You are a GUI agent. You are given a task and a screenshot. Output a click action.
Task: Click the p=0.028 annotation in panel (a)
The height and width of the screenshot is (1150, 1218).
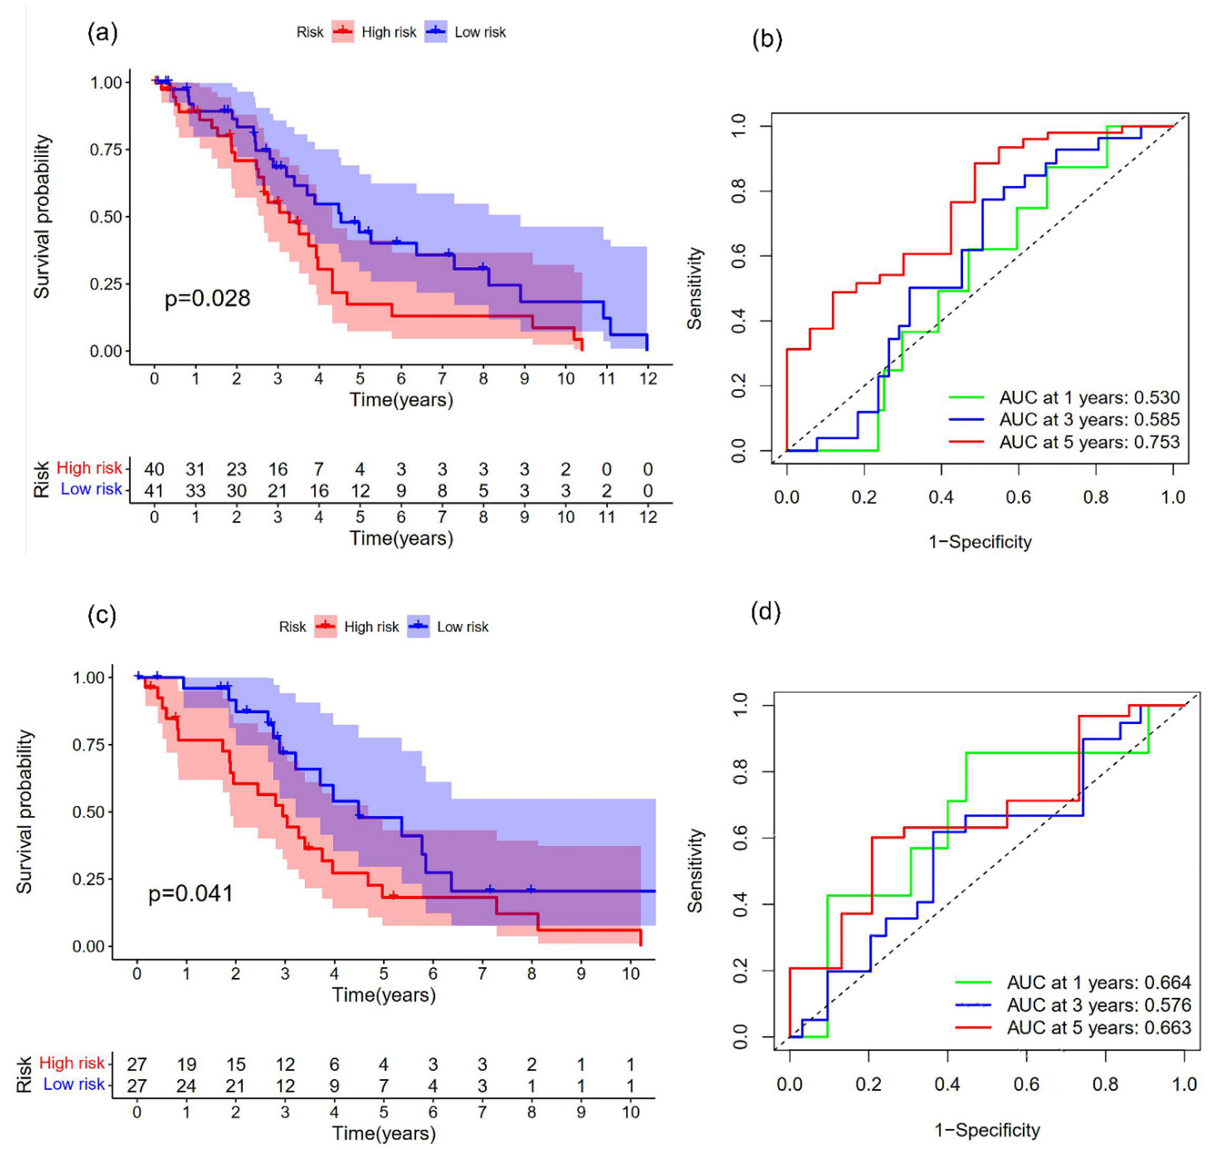tap(207, 299)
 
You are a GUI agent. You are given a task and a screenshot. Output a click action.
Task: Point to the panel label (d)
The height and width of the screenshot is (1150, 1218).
tap(766, 612)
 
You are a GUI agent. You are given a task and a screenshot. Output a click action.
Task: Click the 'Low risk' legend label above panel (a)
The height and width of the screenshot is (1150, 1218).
tap(480, 33)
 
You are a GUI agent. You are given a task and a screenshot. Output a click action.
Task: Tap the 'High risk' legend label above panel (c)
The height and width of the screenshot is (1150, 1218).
tap(371, 627)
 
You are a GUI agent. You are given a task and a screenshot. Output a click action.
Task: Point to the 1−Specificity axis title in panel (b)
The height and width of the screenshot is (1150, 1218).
tap(980, 542)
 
